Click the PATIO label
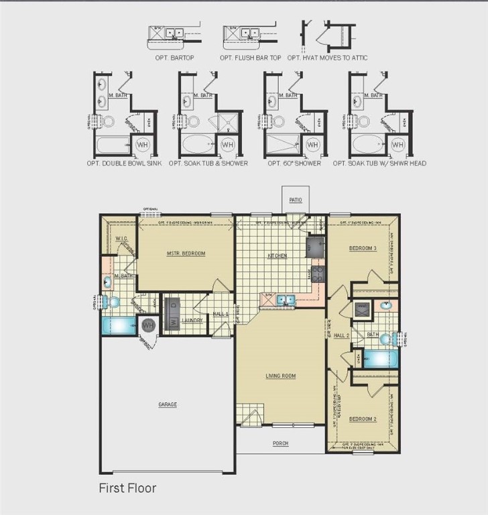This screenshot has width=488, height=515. click(296, 200)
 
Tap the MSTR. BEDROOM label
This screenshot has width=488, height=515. click(186, 253)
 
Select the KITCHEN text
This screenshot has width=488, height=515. click(278, 255)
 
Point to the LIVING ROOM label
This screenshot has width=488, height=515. click(280, 376)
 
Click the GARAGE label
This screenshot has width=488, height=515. click(168, 404)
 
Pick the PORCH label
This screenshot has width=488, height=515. click(280, 443)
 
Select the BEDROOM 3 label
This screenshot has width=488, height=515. click(363, 249)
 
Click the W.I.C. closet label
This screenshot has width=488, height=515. click(121, 239)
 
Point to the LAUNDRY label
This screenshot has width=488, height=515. click(192, 321)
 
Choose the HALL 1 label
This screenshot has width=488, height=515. click(221, 314)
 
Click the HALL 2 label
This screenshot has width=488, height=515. click(342, 335)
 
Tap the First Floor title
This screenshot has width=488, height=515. click(127, 488)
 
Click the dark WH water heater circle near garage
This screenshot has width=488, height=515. click(147, 325)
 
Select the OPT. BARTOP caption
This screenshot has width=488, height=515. click(174, 58)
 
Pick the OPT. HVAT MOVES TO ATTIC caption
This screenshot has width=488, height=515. click(326, 58)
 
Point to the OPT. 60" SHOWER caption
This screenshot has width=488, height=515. click(294, 163)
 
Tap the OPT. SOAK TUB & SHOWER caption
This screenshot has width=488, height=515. click(208, 163)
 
